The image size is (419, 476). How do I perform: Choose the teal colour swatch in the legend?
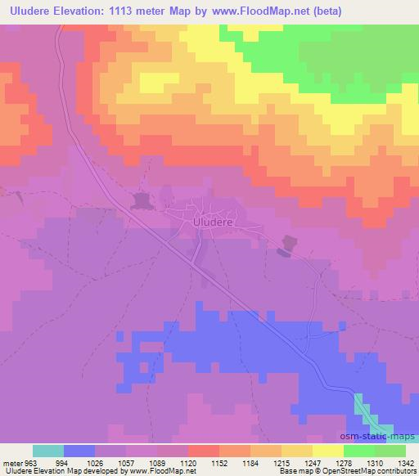[x=49, y=451]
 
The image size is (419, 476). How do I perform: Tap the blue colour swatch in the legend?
[x=80, y=451]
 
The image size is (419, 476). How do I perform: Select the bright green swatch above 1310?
[x=360, y=451]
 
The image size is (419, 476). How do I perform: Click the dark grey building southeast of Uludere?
[x=286, y=243]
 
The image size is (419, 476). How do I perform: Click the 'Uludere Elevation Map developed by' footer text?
[x=53, y=472]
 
